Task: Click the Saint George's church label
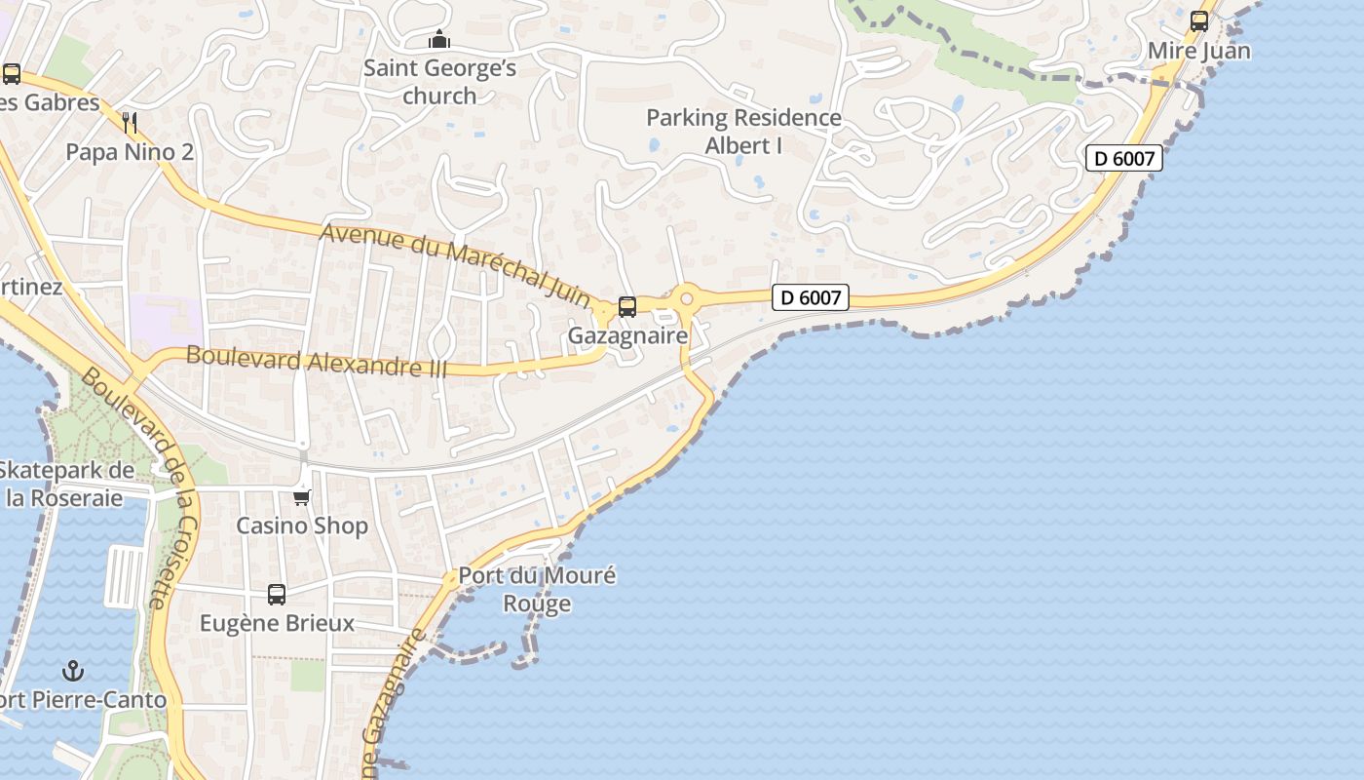(x=439, y=82)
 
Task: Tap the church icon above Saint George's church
(x=439, y=40)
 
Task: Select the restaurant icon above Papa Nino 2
(x=130, y=123)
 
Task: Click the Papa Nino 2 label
(x=130, y=152)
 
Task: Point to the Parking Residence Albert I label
(x=743, y=132)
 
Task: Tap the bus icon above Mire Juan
(x=1199, y=20)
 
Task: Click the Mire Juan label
(x=1198, y=51)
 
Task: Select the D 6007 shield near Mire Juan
(x=1124, y=158)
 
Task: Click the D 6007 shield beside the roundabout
(x=811, y=297)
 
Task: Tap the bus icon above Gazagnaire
(x=627, y=307)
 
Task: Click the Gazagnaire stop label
(x=627, y=336)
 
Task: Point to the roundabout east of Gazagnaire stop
(x=687, y=297)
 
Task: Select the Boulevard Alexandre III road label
(x=317, y=362)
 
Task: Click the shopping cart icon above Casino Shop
(x=302, y=497)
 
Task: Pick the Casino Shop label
(x=302, y=526)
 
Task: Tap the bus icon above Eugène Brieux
(x=277, y=594)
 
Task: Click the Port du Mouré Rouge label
(x=537, y=589)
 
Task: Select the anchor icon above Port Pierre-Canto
(x=72, y=671)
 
